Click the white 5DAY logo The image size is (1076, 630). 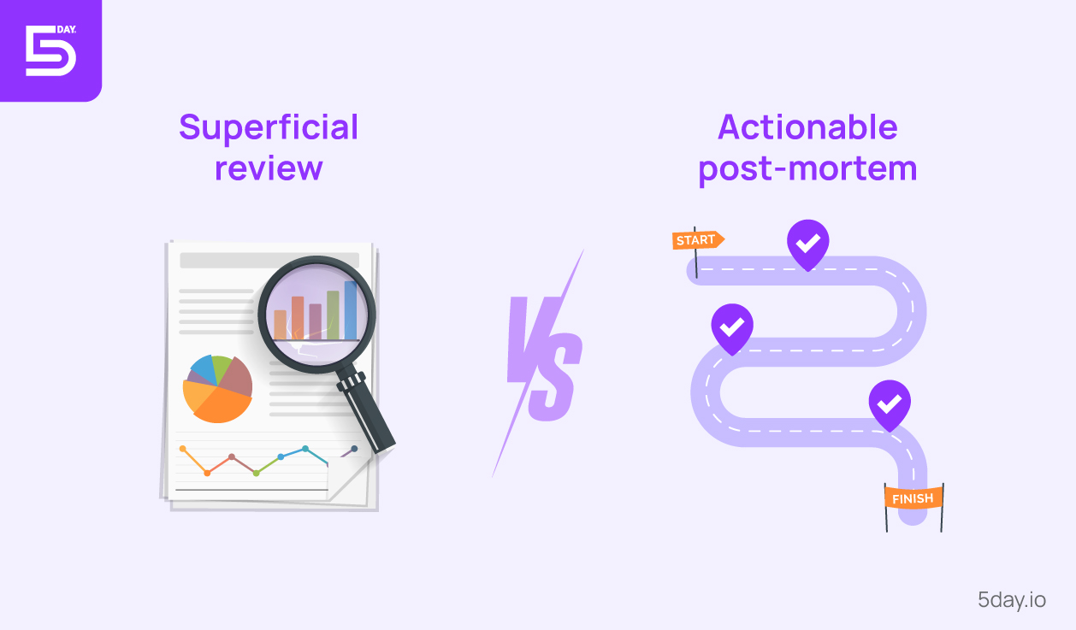[x=50, y=50]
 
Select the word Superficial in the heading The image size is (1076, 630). [x=269, y=127]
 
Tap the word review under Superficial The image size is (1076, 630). [x=269, y=168]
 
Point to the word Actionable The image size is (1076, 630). [x=807, y=127]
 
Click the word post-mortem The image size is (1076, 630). [x=807, y=168]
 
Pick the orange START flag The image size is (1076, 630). [x=697, y=240]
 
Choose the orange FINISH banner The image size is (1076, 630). [x=913, y=498]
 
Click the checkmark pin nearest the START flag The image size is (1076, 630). [x=807, y=243]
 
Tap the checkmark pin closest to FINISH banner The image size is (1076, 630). [x=890, y=403]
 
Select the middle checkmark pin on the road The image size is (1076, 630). [x=732, y=327]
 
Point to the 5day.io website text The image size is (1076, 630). [x=1012, y=599]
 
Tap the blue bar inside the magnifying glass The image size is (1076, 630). [x=351, y=309]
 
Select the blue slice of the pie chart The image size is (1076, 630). [x=203, y=368]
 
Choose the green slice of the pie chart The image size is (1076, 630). [x=222, y=368]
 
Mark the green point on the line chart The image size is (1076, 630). [x=256, y=473]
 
